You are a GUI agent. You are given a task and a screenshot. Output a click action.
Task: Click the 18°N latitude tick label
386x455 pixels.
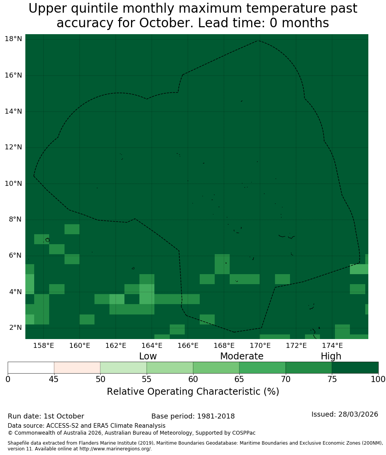(x=13, y=39)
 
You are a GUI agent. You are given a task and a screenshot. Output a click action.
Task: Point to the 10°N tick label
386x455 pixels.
(x=13, y=184)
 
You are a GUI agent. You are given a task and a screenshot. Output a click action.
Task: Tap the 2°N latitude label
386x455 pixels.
(x=15, y=328)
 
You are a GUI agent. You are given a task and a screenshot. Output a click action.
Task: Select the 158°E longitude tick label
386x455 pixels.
(x=43, y=346)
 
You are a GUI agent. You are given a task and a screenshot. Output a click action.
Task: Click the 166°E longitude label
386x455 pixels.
(x=188, y=346)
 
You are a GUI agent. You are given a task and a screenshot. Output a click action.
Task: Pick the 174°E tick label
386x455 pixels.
(x=332, y=346)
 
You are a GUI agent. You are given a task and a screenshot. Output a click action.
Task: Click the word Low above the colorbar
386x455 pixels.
(x=148, y=356)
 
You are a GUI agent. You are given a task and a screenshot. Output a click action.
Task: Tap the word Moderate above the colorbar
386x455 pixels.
(x=242, y=356)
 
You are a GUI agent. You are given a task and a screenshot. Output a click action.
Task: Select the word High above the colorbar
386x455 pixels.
(x=331, y=356)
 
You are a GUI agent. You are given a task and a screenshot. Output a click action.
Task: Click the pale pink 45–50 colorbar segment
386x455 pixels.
(x=77, y=368)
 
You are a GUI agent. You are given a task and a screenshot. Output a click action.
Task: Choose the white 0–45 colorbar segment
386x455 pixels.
(x=31, y=368)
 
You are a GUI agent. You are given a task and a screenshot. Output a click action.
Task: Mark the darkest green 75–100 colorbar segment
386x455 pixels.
(x=355, y=368)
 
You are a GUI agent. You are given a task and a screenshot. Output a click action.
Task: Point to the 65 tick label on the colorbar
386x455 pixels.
(x=239, y=379)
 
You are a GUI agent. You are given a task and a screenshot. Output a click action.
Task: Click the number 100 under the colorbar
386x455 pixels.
(x=378, y=379)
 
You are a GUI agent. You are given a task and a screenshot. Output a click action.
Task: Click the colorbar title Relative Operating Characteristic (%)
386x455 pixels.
(x=193, y=391)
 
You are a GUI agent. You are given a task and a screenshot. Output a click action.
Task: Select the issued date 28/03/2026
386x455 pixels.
(x=358, y=414)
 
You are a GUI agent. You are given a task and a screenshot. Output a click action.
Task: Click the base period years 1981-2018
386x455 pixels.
(x=216, y=416)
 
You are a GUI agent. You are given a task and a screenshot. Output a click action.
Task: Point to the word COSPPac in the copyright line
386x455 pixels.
(x=244, y=433)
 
